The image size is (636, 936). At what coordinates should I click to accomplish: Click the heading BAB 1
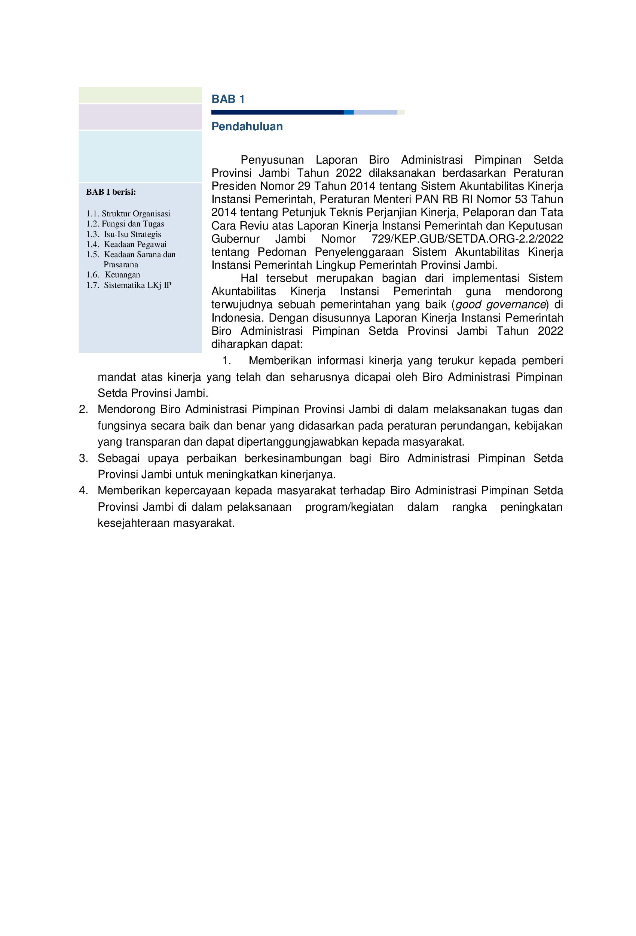click(228, 99)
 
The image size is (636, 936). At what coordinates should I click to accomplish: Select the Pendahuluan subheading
click(247, 127)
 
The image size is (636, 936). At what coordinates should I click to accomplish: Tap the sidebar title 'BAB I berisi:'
click(111, 192)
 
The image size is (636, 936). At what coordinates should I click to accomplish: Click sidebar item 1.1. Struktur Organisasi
click(128, 213)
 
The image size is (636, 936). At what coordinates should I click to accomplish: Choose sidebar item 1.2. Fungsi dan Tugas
click(125, 224)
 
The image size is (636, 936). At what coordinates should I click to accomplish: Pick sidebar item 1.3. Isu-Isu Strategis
click(123, 234)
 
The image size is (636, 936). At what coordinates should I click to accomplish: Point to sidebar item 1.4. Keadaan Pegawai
click(126, 244)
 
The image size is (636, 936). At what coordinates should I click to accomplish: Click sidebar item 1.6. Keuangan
click(113, 275)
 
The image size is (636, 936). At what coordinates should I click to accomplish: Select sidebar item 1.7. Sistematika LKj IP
click(128, 285)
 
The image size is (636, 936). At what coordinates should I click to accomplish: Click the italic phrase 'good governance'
click(500, 304)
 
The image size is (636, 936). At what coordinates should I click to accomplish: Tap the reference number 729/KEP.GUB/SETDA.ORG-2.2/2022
click(467, 239)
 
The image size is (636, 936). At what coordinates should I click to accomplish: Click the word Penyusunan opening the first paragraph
click(272, 160)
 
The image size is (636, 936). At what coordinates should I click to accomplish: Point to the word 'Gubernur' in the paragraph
click(235, 239)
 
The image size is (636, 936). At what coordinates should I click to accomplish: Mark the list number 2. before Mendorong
click(83, 409)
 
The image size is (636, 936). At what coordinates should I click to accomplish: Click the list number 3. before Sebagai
click(83, 458)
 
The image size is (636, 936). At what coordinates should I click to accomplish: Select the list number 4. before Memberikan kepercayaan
click(83, 490)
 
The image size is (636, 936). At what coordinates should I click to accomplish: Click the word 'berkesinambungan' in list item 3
click(293, 458)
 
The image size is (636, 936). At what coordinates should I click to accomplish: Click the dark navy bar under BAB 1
click(277, 112)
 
